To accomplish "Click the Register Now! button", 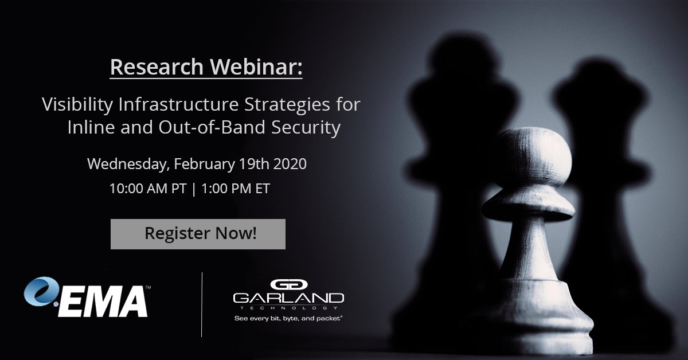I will pos(198,234).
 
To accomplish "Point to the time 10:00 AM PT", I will pos(148,189).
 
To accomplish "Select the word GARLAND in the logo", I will pos(288,298).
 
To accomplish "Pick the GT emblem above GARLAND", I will pos(288,285).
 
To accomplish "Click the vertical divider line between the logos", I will pos(202,304).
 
